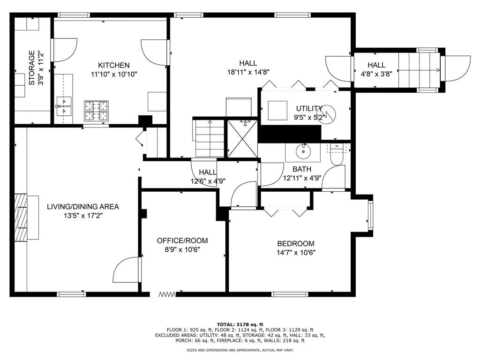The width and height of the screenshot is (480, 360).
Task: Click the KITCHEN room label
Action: (113, 65)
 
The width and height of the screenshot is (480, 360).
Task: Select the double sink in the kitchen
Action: (63, 106)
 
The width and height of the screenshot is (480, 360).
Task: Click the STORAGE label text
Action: (32, 68)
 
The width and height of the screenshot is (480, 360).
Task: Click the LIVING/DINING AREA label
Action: (82, 206)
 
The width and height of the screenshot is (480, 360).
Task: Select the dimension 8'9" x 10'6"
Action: (182, 249)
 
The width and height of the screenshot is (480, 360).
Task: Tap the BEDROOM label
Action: (295, 244)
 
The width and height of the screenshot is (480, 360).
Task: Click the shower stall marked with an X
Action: (242, 139)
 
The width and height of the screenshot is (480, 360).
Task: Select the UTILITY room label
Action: (308, 108)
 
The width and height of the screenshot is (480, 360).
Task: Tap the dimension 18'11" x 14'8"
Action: (247, 72)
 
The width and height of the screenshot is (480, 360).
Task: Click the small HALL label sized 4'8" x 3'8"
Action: (376, 65)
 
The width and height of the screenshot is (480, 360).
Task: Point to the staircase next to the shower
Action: (209, 139)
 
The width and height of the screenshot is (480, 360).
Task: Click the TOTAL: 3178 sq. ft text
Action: (240, 324)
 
